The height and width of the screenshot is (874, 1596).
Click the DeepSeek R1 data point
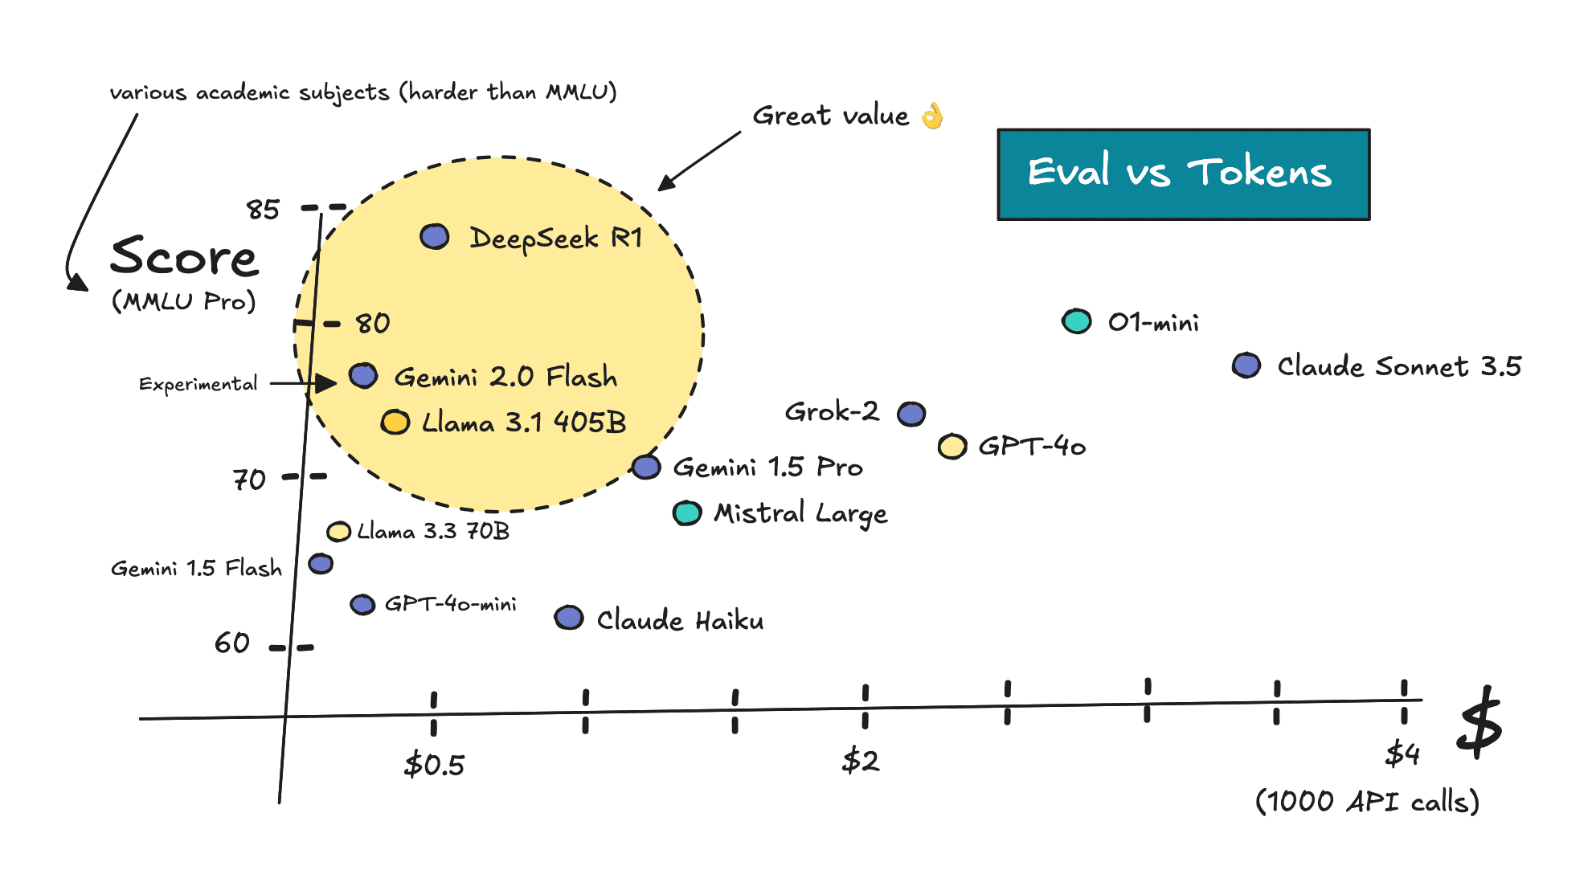pyautogui.click(x=435, y=236)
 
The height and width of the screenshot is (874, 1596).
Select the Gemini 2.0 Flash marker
pyautogui.click(x=363, y=375)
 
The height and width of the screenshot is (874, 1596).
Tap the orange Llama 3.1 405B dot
pyautogui.click(x=395, y=422)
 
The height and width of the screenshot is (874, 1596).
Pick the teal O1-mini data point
pyautogui.click(x=1077, y=321)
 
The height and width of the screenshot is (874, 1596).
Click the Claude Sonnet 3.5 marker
pyautogui.click(x=1246, y=366)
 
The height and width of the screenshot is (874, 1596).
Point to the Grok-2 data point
pyautogui.click(x=911, y=414)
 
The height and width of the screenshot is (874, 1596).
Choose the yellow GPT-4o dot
pyautogui.click(x=952, y=446)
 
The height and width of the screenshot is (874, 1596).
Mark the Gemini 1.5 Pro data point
pyautogui.click(x=646, y=467)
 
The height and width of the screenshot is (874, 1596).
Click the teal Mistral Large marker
pyautogui.click(x=687, y=513)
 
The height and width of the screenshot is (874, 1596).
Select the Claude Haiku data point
pyautogui.click(x=569, y=618)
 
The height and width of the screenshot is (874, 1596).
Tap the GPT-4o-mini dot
pyautogui.click(x=362, y=604)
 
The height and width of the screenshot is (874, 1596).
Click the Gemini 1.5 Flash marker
pyautogui.click(x=321, y=563)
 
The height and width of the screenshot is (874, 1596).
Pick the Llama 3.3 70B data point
pyautogui.click(x=338, y=531)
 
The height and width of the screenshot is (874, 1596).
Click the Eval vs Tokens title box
pyautogui.click(x=1184, y=174)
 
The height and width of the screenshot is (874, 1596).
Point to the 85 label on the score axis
pyautogui.click(x=263, y=210)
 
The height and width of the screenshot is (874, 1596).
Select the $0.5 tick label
pyautogui.click(x=434, y=764)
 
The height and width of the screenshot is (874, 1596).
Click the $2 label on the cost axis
pyautogui.click(x=861, y=760)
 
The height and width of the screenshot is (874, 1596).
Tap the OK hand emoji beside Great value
pyautogui.click(x=932, y=116)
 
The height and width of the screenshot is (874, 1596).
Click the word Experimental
pyautogui.click(x=198, y=384)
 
